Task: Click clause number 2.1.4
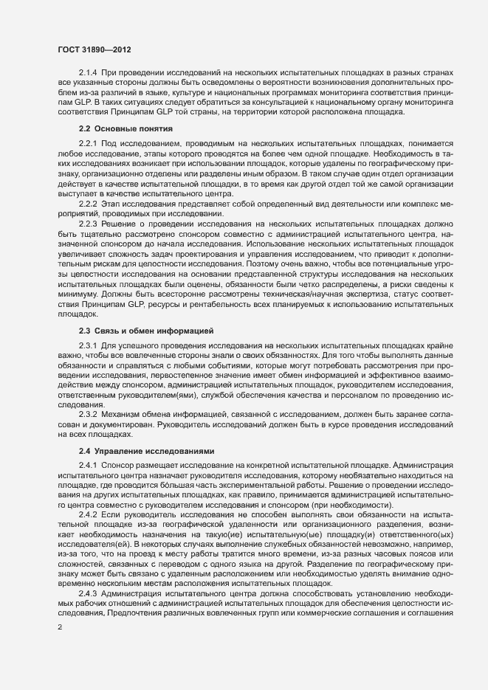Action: [88, 72]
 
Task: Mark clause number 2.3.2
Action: [88, 415]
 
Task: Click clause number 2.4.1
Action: [88, 464]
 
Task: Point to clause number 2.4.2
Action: [88, 513]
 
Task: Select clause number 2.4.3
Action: [88, 593]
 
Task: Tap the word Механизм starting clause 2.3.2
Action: [123, 415]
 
